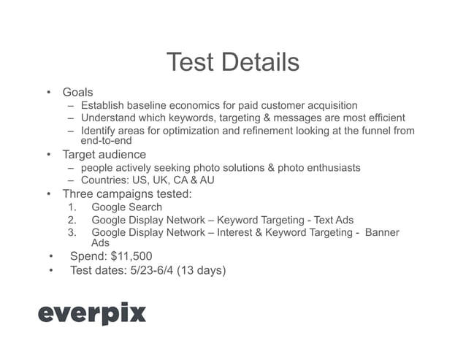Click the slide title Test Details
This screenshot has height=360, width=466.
pyautogui.click(x=232, y=63)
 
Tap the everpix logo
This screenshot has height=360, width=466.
pyautogui.click(x=92, y=313)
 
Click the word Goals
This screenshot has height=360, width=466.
pyautogui.click(x=77, y=93)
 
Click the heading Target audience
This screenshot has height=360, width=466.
pyautogui.click(x=104, y=155)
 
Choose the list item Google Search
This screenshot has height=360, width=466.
pyautogui.click(x=126, y=207)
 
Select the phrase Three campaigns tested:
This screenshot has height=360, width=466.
pyautogui.click(x=127, y=194)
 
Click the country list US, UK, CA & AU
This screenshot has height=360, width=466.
pyautogui.click(x=174, y=180)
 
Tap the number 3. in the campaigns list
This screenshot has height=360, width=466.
pyautogui.click(x=72, y=233)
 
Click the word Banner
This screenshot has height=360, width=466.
pyautogui.click(x=382, y=233)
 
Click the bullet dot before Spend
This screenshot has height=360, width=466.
pyautogui.click(x=50, y=256)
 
